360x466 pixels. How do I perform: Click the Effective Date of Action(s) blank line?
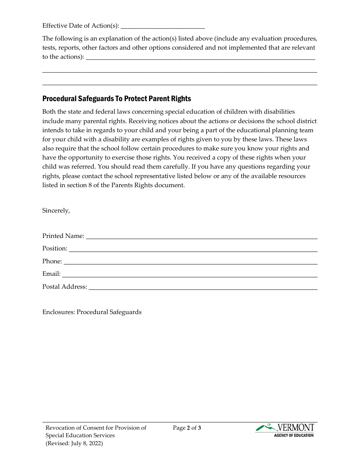163,27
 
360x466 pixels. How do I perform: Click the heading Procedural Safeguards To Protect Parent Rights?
117,99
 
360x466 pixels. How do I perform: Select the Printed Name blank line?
202,237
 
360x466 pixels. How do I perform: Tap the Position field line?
193,250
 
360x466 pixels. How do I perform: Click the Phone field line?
190,262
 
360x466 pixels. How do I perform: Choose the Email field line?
189,275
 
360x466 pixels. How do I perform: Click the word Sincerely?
56,211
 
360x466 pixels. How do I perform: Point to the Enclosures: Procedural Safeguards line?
92,312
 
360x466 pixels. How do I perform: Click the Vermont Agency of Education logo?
285,430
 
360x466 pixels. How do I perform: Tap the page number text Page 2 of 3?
187,428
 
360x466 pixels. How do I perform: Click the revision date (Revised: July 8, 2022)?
74,443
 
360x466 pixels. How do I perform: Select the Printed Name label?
63,236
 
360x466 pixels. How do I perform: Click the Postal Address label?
65,287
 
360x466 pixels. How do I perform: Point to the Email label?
52,274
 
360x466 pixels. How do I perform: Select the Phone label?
52,261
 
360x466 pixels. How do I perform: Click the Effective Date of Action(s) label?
81,26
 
